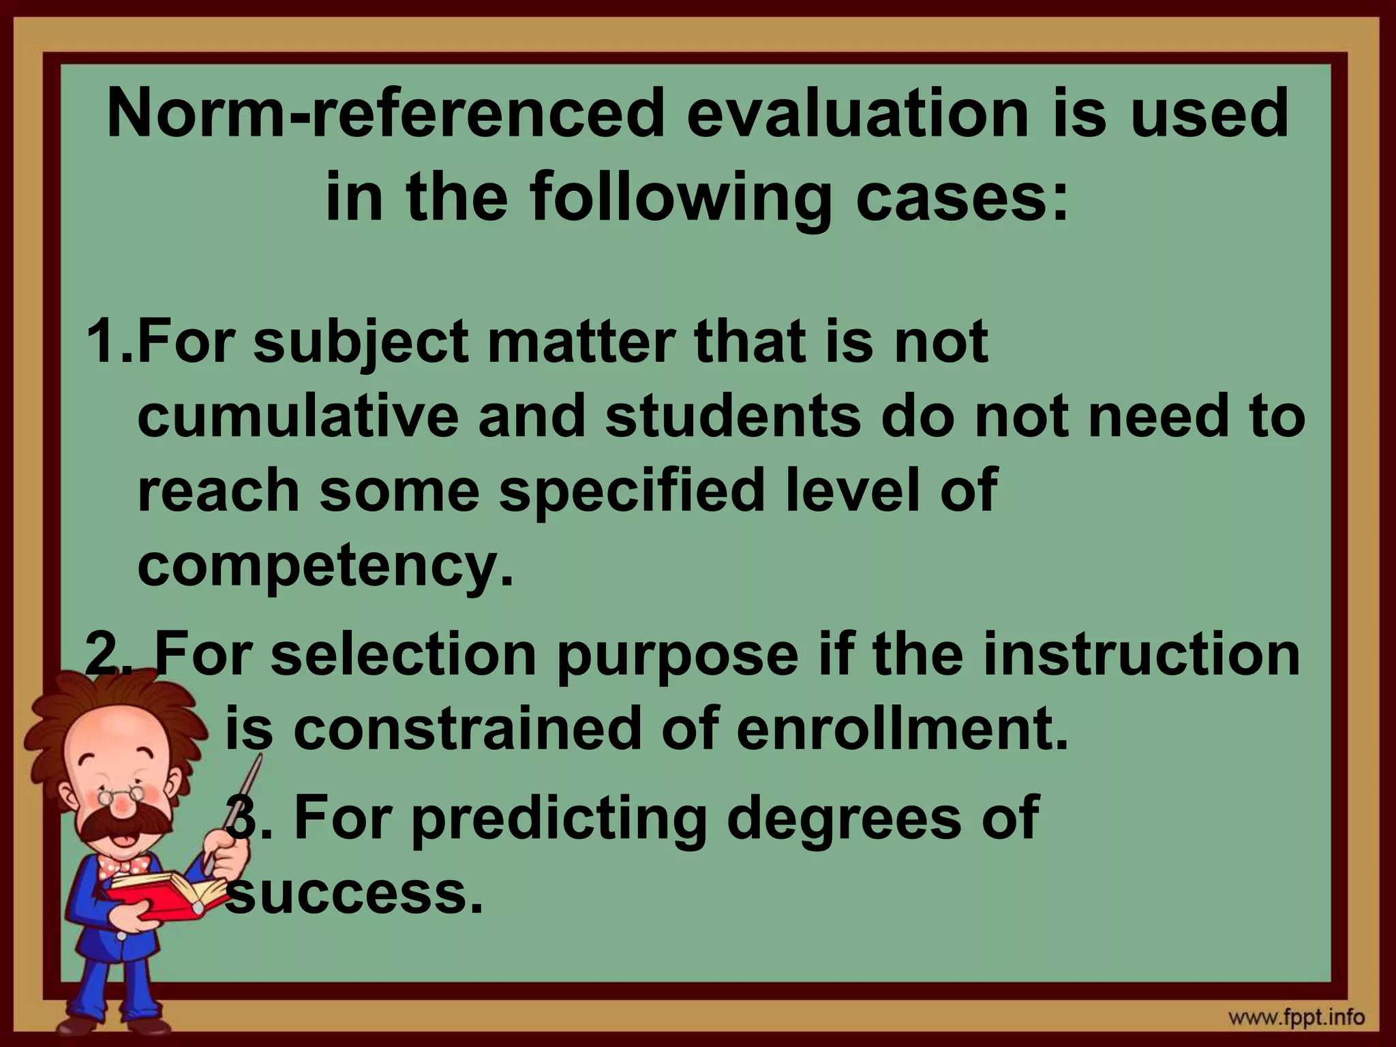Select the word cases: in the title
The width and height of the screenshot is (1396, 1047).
tap(961, 199)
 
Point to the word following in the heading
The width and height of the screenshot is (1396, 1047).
tap(681, 199)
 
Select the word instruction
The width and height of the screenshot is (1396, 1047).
tap(1132, 654)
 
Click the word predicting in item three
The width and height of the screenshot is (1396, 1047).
tap(559, 818)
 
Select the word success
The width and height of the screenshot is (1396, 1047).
tap(354, 893)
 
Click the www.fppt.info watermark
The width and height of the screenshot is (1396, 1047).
tap(1305, 1018)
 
